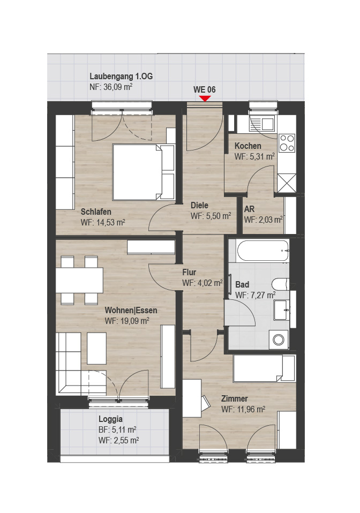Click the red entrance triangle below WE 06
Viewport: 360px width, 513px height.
click(205, 98)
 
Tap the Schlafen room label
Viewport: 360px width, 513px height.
click(96, 212)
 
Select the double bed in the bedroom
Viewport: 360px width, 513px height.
click(144, 172)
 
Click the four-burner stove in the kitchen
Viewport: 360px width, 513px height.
click(287, 144)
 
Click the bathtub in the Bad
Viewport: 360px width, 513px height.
click(262, 251)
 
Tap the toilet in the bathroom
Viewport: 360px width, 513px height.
click(281, 284)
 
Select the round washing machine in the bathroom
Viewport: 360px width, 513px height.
click(279, 340)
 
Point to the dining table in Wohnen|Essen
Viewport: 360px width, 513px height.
click(79, 281)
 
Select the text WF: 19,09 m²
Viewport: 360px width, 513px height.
click(127, 321)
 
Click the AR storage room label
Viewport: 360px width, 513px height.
click(250, 209)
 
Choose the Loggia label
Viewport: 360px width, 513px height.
click(110, 419)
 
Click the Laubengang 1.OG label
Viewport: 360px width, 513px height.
click(121, 76)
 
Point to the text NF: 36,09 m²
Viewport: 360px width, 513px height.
click(111, 87)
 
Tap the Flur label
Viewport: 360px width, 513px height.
click(190, 272)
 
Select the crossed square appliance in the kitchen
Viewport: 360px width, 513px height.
click(287, 183)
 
